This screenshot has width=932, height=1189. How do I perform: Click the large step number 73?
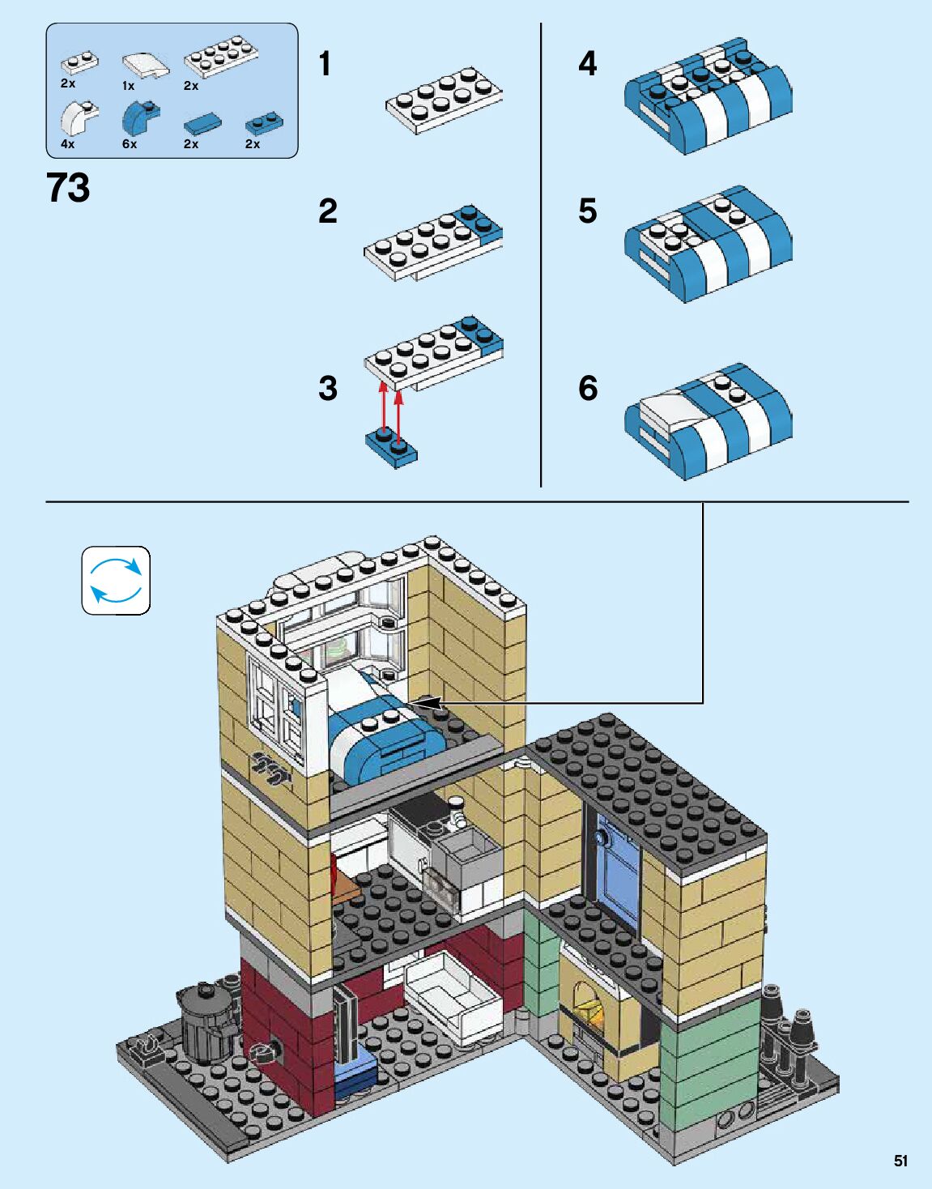click(69, 188)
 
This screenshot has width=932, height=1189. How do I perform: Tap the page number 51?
click(900, 1161)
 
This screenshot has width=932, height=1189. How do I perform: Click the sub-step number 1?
click(325, 64)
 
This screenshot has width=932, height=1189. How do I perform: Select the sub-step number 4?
click(587, 64)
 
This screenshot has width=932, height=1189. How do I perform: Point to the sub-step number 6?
click(587, 388)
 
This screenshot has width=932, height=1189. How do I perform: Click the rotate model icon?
click(116, 580)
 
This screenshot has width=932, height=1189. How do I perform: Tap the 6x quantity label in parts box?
click(130, 144)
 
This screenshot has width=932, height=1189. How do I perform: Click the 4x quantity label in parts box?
click(67, 144)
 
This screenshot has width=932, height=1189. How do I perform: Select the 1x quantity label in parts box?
click(128, 85)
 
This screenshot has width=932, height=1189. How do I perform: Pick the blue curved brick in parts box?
click(139, 118)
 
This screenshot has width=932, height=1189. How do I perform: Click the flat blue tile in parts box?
click(202, 123)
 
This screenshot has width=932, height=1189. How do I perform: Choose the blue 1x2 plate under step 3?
click(392, 448)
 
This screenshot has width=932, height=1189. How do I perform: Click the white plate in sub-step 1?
click(443, 100)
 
